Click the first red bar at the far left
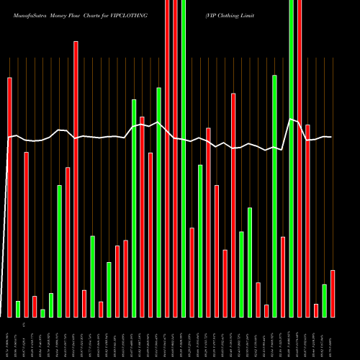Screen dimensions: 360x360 pos(9,197)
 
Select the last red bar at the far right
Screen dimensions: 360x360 pos(333,293)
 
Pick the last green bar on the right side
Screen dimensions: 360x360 pos(324,300)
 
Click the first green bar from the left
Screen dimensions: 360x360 pos(18,309)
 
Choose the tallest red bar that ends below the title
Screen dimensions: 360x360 pos(76,179)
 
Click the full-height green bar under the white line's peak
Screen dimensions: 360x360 pos(292,158)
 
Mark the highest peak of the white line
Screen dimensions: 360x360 pos(291,120)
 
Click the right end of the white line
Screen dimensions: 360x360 pos(331,137)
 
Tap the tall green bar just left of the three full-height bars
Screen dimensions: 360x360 pos(158,202)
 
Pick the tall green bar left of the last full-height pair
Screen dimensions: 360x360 pos(274,195)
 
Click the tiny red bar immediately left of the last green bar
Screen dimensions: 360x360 pos(316,310)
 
